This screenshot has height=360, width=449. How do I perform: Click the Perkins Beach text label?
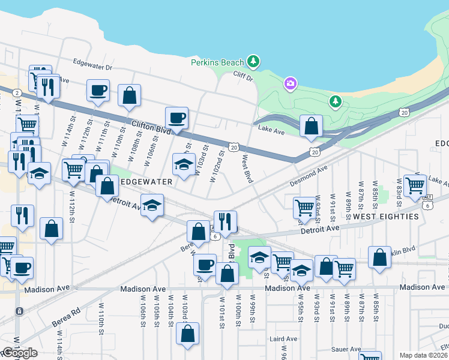217,62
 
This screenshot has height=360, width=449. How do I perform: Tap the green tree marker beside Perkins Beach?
254,61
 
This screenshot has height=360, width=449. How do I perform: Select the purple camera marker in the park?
290,83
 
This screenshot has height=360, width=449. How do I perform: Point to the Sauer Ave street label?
346,349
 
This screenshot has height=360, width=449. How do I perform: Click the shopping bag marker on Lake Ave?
311,127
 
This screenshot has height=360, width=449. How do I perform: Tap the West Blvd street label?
247,169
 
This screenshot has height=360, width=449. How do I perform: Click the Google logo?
19,353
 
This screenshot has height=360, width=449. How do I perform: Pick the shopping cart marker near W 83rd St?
415,186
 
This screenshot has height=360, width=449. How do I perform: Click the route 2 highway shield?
17,92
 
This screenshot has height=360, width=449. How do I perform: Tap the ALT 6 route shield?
427,201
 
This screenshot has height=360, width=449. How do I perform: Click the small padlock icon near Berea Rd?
19,311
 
